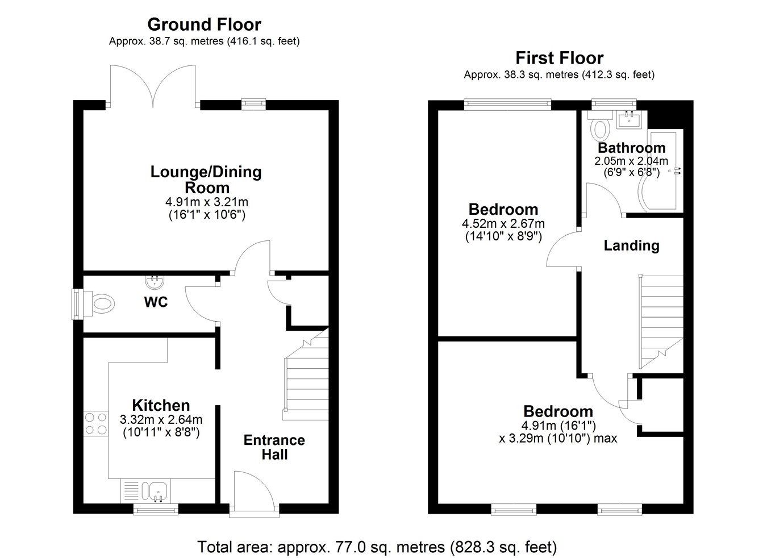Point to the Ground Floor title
pos(205,24)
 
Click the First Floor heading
pos(559,58)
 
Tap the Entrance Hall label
pos(274,447)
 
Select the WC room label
pos(156,302)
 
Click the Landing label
pos(631,245)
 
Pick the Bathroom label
pos(631,148)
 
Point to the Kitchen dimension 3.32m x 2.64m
pos(161,419)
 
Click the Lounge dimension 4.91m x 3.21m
pos(207,202)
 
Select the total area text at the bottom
pos(377,547)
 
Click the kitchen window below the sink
pos(156,509)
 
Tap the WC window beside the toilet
pos(77,304)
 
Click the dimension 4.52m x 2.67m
pos(503,224)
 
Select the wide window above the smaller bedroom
pos(507,105)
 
